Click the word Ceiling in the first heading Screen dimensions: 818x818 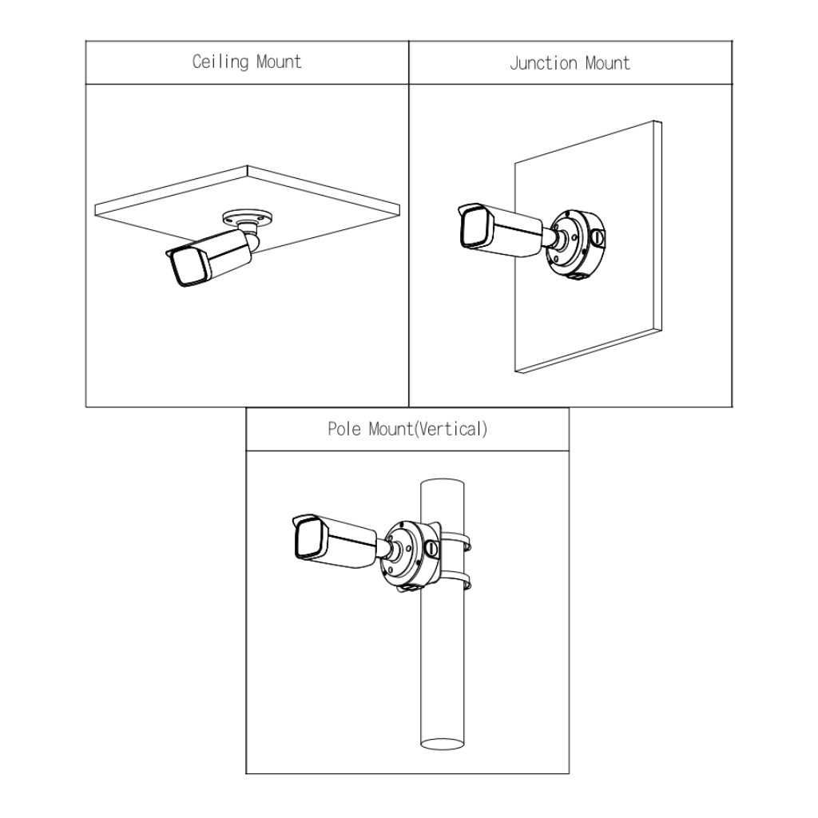(x=220, y=62)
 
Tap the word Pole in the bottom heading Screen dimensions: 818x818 (x=345, y=429)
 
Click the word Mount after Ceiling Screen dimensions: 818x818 (x=279, y=62)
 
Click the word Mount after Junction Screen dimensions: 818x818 (x=607, y=63)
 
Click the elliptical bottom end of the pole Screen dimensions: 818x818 (x=444, y=744)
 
